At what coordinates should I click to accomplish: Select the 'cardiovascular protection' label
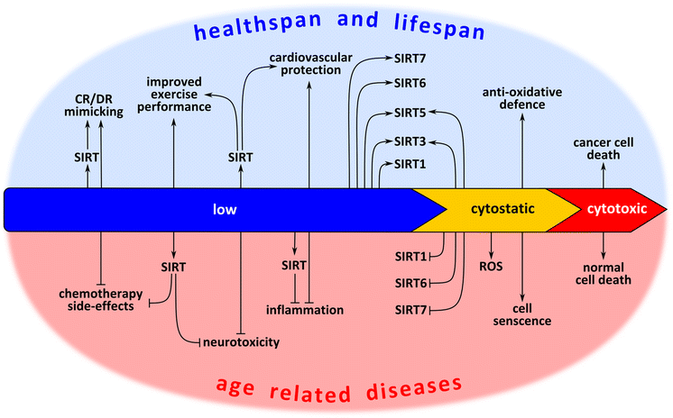point(309,64)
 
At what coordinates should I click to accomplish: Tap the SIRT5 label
point(414,114)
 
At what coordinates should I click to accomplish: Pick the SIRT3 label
point(414,141)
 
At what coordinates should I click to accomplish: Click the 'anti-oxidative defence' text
point(521,97)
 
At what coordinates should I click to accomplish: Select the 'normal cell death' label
point(604,272)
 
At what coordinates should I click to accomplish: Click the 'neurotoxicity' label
point(240,341)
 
